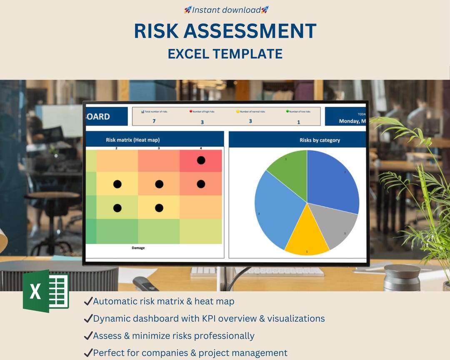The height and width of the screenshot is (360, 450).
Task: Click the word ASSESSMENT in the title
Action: [x=250, y=31]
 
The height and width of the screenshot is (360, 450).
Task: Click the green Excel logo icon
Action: [x=46, y=291]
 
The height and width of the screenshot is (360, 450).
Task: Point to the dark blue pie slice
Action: [x=333, y=179]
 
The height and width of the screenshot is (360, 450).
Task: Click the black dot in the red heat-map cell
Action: [x=201, y=160]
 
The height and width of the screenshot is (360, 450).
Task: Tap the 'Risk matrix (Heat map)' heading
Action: [x=132, y=140]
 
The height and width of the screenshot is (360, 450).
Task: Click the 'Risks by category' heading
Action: [x=320, y=140]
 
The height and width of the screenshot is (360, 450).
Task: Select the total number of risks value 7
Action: [x=154, y=121]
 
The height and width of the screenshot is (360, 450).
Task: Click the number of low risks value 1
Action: [x=298, y=122]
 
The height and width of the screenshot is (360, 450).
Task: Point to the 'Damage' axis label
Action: [x=138, y=248]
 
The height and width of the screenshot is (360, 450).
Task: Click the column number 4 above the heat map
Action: [x=201, y=148]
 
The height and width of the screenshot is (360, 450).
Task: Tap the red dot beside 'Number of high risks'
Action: [x=191, y=112]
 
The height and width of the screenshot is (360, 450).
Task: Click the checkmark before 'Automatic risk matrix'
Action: [x=88, y=301]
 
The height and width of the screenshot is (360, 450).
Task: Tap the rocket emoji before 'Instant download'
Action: [x=188, y=10]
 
